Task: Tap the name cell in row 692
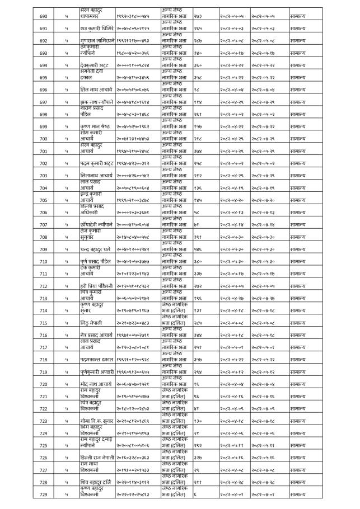point(97,41)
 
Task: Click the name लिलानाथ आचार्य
point(97,176)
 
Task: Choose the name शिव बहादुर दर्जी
point(97,483)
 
